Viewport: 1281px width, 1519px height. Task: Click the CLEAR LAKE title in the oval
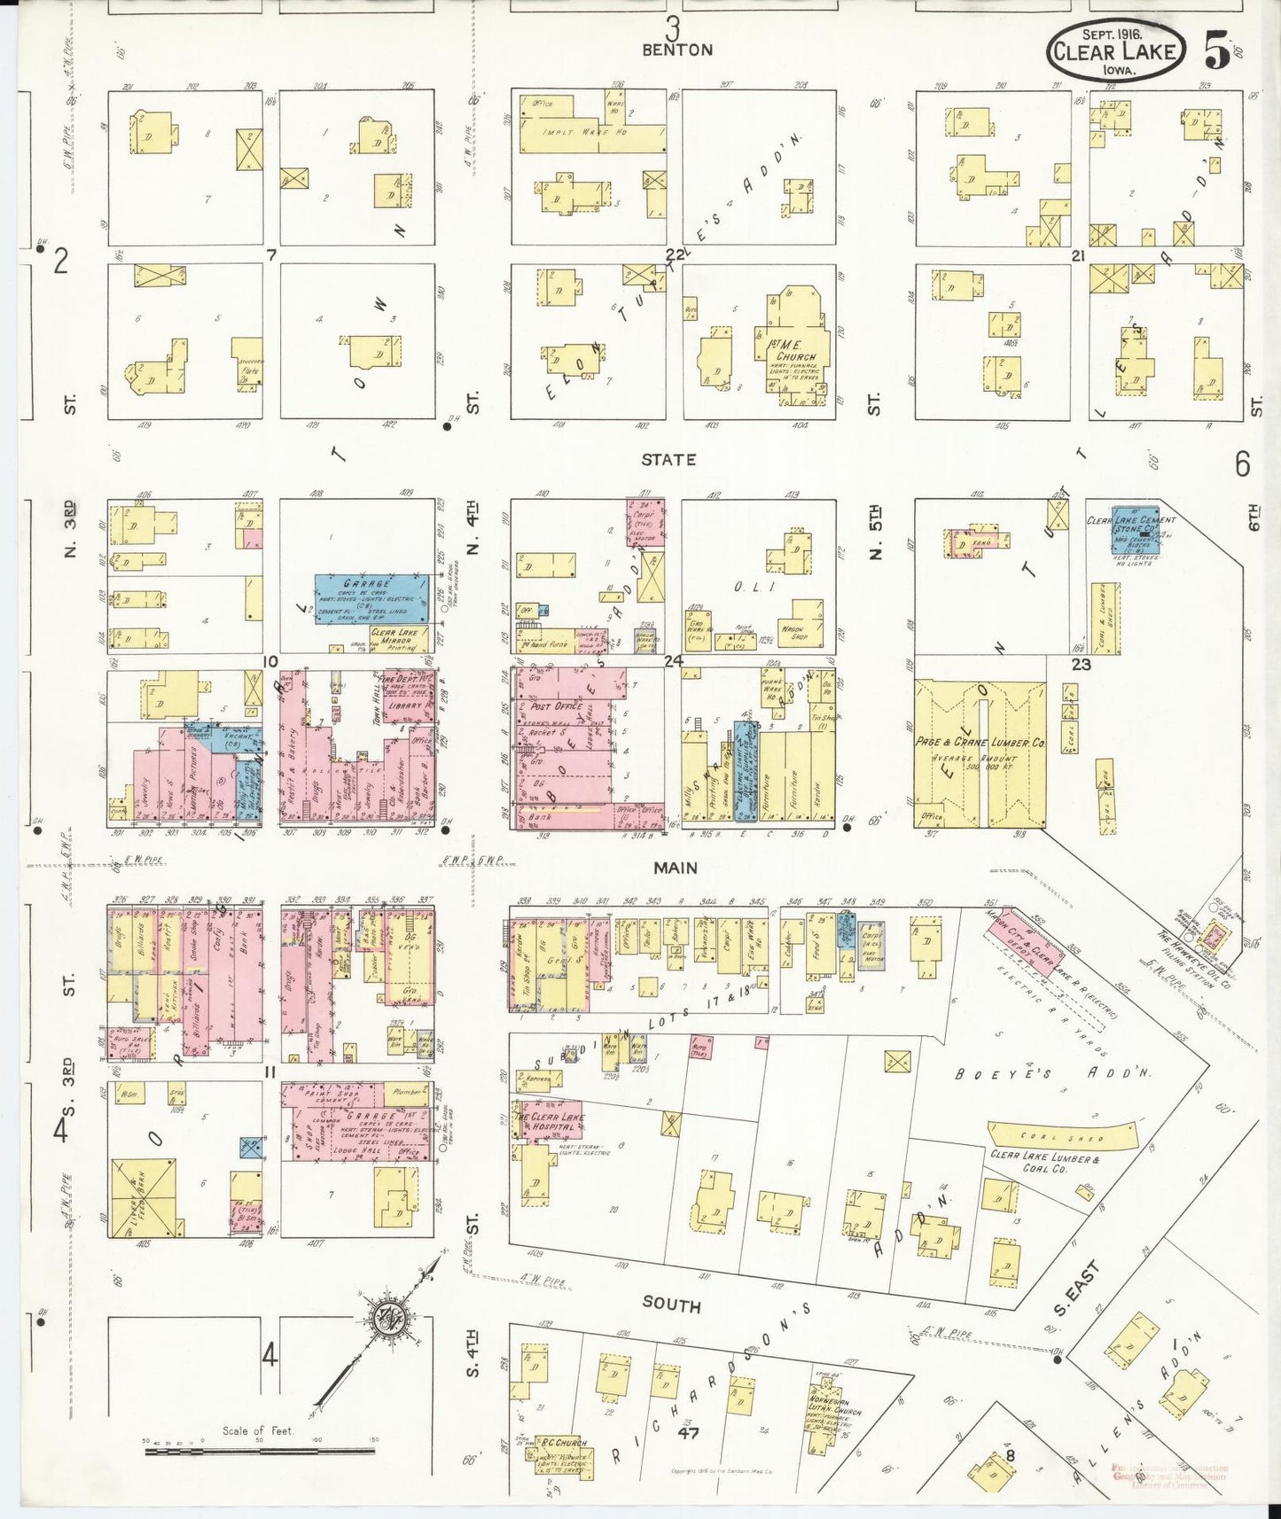click(x=1114, y=51)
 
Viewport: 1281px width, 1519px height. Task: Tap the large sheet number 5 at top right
click(x=1217, y=52)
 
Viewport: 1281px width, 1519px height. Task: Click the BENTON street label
click(x=677, y=50)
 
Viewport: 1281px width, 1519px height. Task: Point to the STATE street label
click(x=668, y=459)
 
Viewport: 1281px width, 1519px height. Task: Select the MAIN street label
click(x=675, y=868)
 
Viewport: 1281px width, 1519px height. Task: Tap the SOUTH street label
click(x=671, y=1305)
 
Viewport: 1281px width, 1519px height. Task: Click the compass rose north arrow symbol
click(x=387, y=1313)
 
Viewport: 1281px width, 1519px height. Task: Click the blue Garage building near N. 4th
click(x=372, y=597)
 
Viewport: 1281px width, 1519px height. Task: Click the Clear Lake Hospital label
click(x=550, y=1122)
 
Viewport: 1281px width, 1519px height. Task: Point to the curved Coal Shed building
click(x=1060, y=1136)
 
